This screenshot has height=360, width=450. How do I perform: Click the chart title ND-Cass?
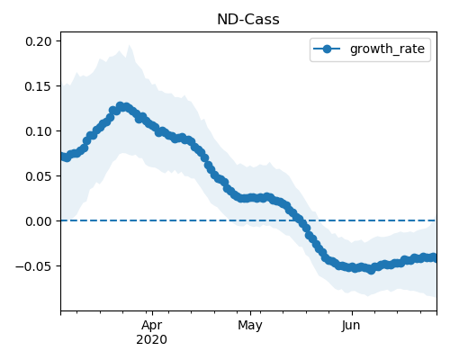click(x=248, y=20)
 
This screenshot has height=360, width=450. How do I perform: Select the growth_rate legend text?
click(x=387, y=49)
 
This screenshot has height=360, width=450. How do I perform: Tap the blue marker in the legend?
click(x=327, y=49)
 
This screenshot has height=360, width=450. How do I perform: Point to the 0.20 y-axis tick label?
click(x=39, y=41)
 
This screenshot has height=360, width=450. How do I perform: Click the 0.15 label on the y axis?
click(x=39, y=86)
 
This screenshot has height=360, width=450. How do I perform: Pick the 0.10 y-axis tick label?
click(x=39, y=131)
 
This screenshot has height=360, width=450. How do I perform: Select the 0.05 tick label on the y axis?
click(x=39, y=176)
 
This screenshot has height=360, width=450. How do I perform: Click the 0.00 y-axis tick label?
click(x=39, y=221)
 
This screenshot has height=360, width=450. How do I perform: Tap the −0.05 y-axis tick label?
click(x=34, y=266)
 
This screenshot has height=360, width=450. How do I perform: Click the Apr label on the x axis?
click(x=152, y=326)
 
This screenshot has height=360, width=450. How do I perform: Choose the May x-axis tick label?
click(x=250, y=326)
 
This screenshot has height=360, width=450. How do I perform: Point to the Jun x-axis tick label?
click(x=351, y=326)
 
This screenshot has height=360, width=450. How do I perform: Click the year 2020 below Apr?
click(x=151, y=340)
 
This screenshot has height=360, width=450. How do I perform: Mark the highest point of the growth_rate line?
click(x=121, y=106)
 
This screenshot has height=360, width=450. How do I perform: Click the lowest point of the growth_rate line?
click(x=372, y=270)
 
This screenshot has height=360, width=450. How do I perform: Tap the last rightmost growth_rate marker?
click(x=433, y=257)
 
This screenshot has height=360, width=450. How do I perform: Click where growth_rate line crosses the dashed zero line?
click(x=301, y=220)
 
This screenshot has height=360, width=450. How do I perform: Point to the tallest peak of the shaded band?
click(x=130, y=45)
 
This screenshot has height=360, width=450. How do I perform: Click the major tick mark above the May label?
click(x=250, y=313)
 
